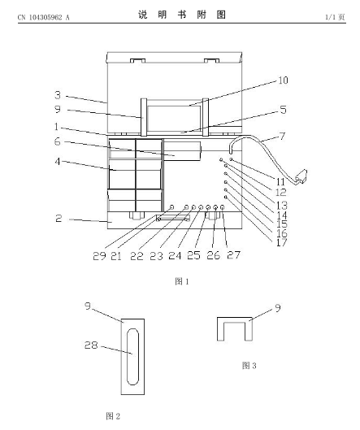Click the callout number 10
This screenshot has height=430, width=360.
coord(284,80)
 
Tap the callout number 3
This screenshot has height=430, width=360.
coord(58,95)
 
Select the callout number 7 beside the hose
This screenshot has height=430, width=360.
coord(282,137)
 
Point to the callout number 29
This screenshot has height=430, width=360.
coord(99,256)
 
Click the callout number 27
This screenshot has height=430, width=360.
coord(233,255)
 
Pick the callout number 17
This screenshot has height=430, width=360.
coord(282,242)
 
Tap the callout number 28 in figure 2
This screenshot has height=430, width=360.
coord(91,345)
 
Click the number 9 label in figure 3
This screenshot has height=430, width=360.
coord(278,308)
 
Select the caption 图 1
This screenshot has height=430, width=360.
coord(182,281)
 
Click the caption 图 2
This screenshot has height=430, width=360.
coord(113,416)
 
